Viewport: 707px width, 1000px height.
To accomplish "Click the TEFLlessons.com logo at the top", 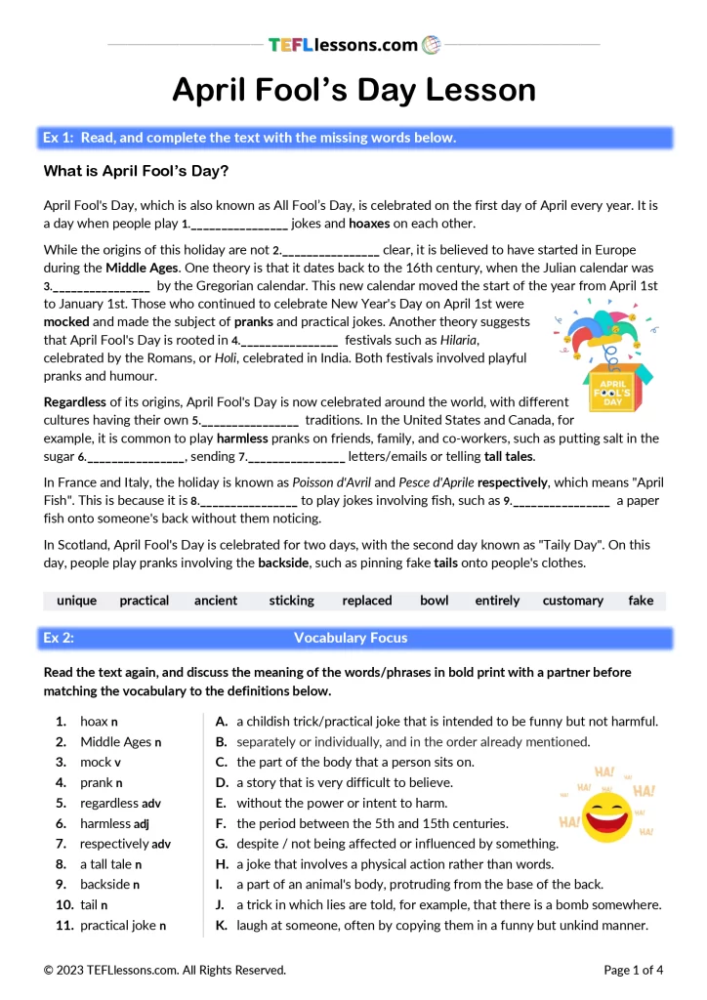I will [353, 44].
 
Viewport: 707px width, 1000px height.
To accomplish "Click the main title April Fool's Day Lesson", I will [353, 90].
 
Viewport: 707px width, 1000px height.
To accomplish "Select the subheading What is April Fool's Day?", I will [136, 172].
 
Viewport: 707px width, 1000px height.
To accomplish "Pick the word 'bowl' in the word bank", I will [434, 601].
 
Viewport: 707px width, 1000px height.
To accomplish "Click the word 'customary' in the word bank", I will [572, 601].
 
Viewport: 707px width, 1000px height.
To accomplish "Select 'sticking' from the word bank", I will [291, 601].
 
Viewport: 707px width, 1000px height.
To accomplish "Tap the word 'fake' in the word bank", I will [641, 601].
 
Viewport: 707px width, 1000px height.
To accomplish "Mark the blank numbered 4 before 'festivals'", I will [288, 341].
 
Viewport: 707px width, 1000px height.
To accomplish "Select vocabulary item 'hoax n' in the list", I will [99, 722].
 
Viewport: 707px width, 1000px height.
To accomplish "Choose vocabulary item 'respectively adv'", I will [125, 844].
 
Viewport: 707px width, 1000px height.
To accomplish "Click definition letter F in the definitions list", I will [222, 823].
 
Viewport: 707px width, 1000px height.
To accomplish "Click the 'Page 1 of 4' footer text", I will [634, 970].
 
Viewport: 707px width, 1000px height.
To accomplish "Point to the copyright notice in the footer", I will [165, 970].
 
